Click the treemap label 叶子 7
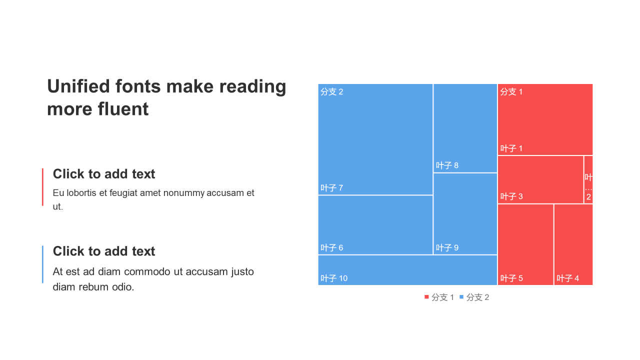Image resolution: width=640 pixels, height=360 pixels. [x=331, y=188]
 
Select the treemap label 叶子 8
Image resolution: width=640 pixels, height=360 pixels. [x=447, y=165]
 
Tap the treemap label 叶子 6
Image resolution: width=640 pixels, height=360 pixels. [x=331, y=247]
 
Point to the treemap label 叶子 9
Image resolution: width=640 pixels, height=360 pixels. [x=447, y=247]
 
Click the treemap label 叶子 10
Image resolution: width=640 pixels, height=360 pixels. [x=334, y=278]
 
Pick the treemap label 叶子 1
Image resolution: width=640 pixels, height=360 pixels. [x=511, y=148]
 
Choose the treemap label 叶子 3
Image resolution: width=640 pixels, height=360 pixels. [x=511, y=196]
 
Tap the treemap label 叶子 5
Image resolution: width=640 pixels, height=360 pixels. [x=511, y=278]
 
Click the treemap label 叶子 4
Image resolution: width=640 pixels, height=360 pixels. [x=567, y=278]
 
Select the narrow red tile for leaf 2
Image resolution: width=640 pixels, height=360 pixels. [x=588, y=179]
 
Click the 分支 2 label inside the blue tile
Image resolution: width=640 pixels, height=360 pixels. [x=331, y=91]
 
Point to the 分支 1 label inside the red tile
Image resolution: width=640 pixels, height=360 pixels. [x=511, y=91]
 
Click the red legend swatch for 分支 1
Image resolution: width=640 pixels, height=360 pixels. [x=426, y=297]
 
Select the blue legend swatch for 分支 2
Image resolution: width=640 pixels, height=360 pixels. [x=461, y=297]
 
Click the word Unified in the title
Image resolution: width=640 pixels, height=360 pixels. [x=78, y=86]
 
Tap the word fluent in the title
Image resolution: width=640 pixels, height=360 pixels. [x=123, y=109]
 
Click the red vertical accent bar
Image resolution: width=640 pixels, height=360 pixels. [x=42, y=187]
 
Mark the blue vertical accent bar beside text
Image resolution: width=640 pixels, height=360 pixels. [x=42, y=264]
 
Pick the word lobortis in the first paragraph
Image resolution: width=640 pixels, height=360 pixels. [x=81, y=193]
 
